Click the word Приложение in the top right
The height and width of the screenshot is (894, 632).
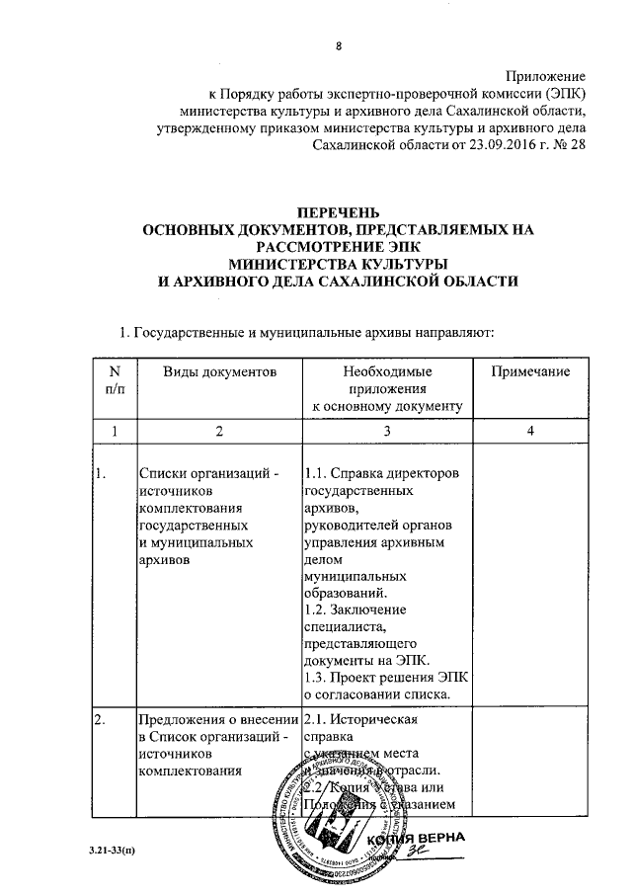click(x=546, y=76)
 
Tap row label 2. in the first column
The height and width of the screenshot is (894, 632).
click(x=102, y=719)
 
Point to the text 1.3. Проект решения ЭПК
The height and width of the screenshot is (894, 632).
click(x=386, y=677)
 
